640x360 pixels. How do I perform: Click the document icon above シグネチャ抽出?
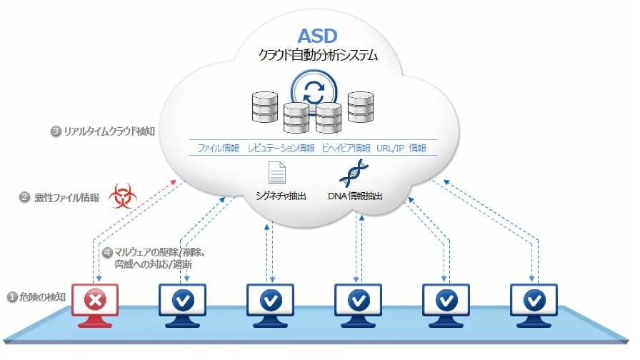point(276,173)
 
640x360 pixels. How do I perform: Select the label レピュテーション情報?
point(281,149)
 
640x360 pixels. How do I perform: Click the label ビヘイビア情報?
point(346,149)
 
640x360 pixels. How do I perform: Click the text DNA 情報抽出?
point(354,195)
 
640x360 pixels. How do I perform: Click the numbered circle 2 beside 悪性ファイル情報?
point(24,197)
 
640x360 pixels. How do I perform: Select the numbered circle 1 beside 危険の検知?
point(12,296)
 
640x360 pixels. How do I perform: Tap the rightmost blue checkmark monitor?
point(532,300)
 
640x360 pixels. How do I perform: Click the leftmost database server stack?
point(265,106)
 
